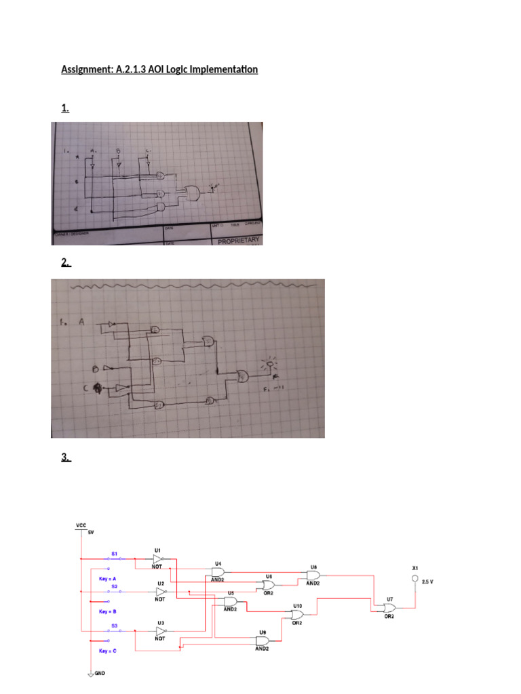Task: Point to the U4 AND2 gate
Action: pyautogui.click(x=218, y=571)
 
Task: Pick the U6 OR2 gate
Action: pyautogui.click(x=269, y=584)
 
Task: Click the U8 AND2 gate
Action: pyautogui.click(x=313, y=575)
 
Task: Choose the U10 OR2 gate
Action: pyautogui.click(x=297, y=615)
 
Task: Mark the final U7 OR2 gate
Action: pyautogui.click(x=390, y=608)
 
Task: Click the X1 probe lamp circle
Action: pyautogui.click(x=415, y=578)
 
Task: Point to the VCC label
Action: pyautogui.click(x=80, y=525)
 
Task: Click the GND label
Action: pyautogui.click(x=98, y=674)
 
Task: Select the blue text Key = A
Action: pyautogui.click(x=108, y=578)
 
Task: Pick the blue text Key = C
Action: pyautogui.click(x=108, y=651)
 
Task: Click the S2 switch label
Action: pyautogui.click(x=115, y=586)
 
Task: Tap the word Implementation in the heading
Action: pyautogui.click(x=216, y=69)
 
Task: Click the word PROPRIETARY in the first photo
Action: pyautogui.click(x=239, y=241)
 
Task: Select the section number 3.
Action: pyautogui.click(x=66, y=457)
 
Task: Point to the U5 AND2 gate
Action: pyautogui.click(x=230, y=601)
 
